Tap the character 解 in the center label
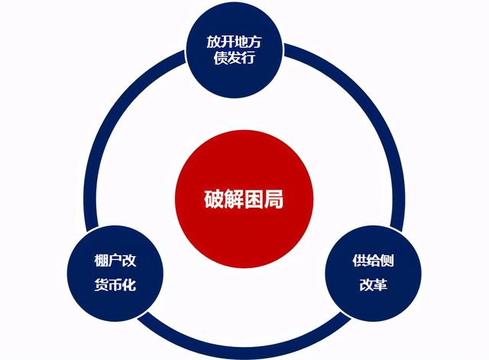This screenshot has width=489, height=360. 234,200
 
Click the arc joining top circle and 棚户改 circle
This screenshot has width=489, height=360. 115,130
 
